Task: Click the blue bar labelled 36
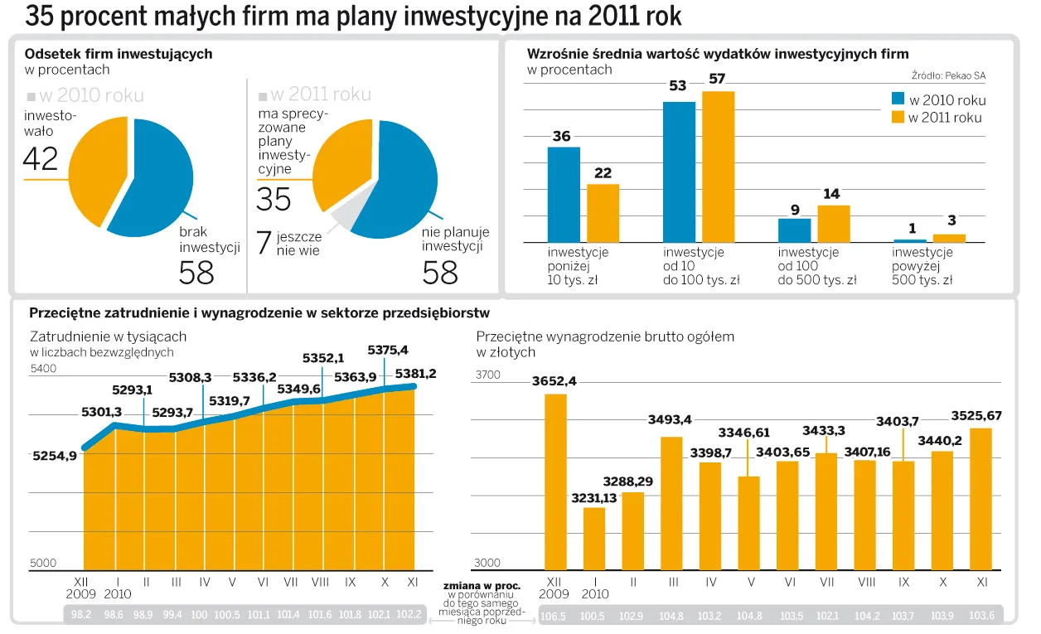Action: click(x=564, y=195)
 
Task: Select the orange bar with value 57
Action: click(x=718, y=167)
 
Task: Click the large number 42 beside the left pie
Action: click(x=41, y=158)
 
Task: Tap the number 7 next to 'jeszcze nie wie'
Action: click(x=264, y=243)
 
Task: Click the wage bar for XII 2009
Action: click(x=555, y=482)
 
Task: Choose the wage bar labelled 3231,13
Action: click(x=594, y=538)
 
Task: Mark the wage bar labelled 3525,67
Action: click(x=981, y=498)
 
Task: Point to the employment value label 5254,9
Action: click(x=55, y=456)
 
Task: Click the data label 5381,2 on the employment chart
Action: click(x=415, y=374)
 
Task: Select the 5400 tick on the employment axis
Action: click(x=43, y=369)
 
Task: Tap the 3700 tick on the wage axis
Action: click(x=487, y=375)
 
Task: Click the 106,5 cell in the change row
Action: click(x=553, y=616)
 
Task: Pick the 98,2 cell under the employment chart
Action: click(x=80, y=615)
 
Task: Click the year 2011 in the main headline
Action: click(x=608, y=17)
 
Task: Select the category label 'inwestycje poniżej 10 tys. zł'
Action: click(x=578, y=266)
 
